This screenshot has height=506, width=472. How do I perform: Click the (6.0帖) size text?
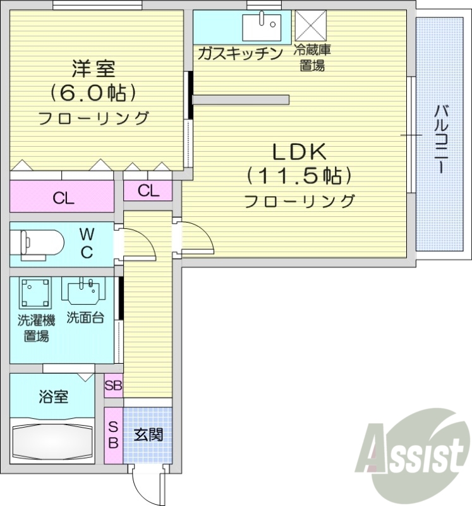[x=94, y=93]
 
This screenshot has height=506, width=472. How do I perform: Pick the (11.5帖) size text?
[x=298, y=175]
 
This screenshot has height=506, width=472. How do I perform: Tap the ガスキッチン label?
[x=239, y=53]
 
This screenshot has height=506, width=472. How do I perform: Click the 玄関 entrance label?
[x=148, y=435]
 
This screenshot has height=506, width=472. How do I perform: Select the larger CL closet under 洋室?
[x=63, y=198]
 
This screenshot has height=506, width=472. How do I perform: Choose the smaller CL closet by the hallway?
[x=148, y=190]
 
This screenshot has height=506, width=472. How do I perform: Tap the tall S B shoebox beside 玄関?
[x=113, y=435]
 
